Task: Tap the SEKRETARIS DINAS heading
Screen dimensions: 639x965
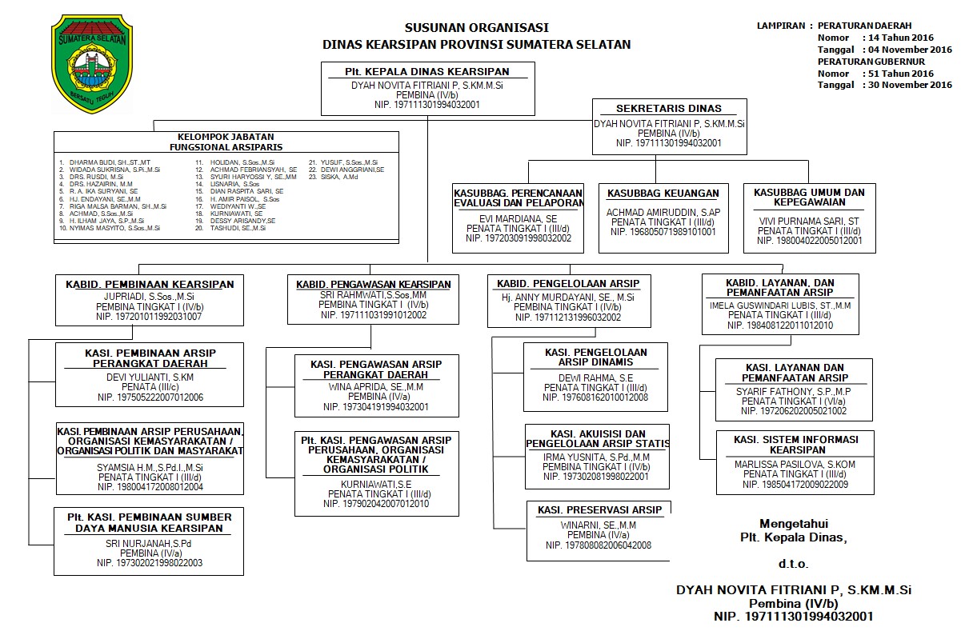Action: [x=668, y=108]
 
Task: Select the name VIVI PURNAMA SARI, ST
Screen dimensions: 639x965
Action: [x=809, y=220]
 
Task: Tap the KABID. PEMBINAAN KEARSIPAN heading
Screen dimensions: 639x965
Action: [x=149, y=284]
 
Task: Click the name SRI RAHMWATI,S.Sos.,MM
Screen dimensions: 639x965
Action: [x=372, y=295]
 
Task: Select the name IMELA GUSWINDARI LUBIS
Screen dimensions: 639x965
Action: [x=779, y=306]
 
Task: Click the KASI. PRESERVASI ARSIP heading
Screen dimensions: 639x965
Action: [x=599, y=510]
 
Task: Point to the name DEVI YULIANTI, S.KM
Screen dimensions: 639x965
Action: [x=150, y=377]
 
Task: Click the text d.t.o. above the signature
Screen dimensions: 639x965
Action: [x=793, y=564]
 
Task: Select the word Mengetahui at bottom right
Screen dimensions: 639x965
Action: [x=793, y=522]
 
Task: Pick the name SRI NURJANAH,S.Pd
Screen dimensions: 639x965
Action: [x=150, y=544]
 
